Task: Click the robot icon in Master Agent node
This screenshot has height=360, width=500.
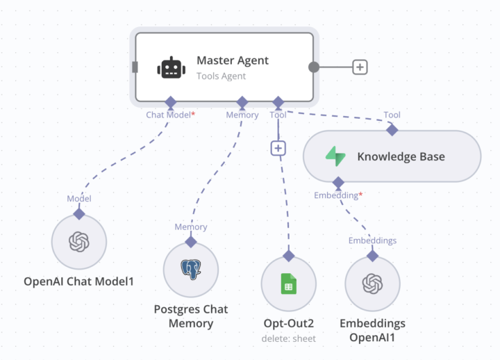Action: click(171, 67)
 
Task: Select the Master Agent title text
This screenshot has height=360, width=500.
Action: click(232, 60)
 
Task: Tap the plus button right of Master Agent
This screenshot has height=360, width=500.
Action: click(360, 67)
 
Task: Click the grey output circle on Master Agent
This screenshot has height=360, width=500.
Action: click(314, 67)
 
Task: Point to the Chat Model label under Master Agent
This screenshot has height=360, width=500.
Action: click(168, 115)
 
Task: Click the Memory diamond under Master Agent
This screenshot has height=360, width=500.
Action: click(242, 103)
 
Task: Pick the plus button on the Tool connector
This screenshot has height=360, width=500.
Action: click(278, 148)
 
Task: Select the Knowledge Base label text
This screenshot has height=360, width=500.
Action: click(401, 156)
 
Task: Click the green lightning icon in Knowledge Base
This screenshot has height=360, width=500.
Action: click(335, 156)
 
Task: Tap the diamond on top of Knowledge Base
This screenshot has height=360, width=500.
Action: click(392, 129)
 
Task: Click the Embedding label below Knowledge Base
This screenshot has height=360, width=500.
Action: click(337, 196)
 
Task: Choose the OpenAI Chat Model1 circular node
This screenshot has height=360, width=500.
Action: click(79, 242)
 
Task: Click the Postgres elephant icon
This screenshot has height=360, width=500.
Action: click(191, 270)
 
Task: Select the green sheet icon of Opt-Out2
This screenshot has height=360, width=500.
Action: click(288, 284)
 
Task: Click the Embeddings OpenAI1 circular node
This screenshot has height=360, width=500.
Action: click(373, 284)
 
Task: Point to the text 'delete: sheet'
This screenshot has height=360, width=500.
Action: click(288, 338)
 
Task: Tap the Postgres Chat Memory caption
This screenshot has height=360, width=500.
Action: click(191, 316)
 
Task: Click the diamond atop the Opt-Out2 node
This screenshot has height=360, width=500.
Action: click(288, 256)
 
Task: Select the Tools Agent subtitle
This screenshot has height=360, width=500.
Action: click(221, 76)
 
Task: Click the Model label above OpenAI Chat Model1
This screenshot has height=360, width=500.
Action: click(79, 199)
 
